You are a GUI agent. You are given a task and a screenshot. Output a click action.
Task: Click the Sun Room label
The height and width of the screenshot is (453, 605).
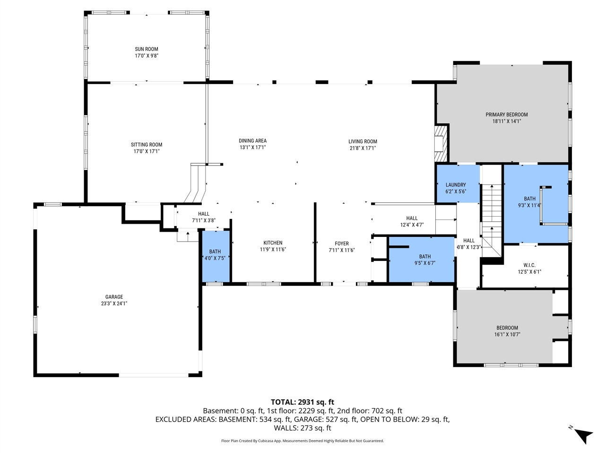(147, 49)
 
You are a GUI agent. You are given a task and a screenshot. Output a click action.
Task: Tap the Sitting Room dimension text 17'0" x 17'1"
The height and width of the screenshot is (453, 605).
(147, 151)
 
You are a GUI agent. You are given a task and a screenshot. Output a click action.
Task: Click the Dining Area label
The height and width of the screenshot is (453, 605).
(252, 141)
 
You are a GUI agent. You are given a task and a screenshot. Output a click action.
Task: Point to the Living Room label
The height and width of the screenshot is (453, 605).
(363, 142)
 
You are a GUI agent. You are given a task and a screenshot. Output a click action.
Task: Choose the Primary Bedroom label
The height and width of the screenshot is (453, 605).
(507, 115)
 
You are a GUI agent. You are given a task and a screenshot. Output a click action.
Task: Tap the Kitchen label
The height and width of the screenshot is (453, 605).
(273, 243)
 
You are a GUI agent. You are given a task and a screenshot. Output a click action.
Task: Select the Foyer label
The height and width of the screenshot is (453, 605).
(342, 244)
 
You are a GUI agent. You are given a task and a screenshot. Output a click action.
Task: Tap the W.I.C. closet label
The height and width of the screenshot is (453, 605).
(529, 265)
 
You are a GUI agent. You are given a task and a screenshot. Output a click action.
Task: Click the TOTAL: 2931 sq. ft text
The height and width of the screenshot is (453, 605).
(302, 402)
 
